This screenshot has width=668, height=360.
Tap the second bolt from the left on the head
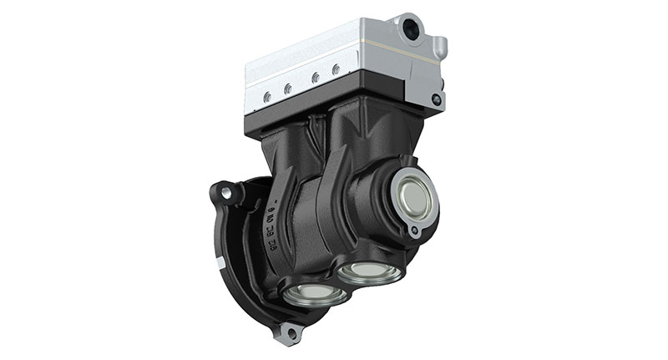[287, 89]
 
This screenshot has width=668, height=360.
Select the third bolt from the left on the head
[315, 79]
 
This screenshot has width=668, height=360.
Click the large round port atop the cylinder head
[411, 29]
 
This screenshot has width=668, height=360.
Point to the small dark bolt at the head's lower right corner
[436, 99]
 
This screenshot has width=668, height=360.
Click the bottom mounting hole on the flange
[289, 334]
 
